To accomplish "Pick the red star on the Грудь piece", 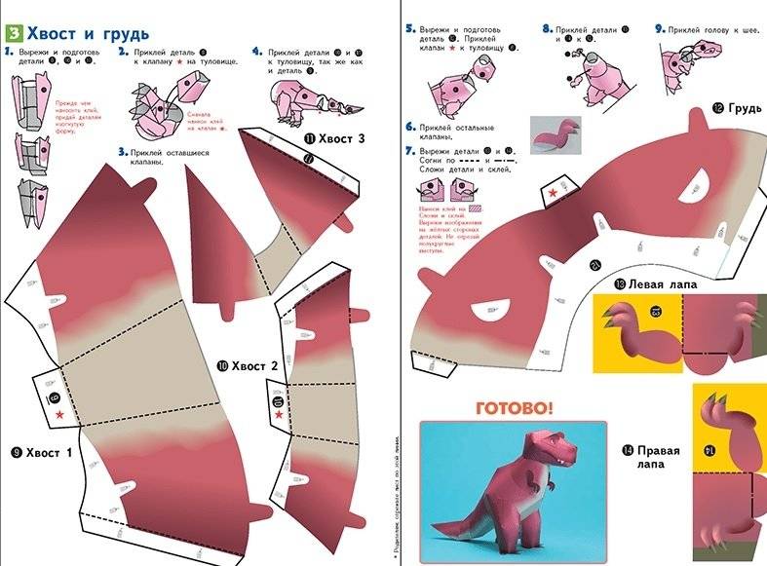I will point(553,194).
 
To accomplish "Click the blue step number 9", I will point(659,29).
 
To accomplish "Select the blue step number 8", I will point(547,29).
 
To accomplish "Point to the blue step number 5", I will point(410,29).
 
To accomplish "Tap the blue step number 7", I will point(410,150).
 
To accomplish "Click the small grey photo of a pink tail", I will point(556,134).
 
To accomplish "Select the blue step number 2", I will point(123,51).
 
